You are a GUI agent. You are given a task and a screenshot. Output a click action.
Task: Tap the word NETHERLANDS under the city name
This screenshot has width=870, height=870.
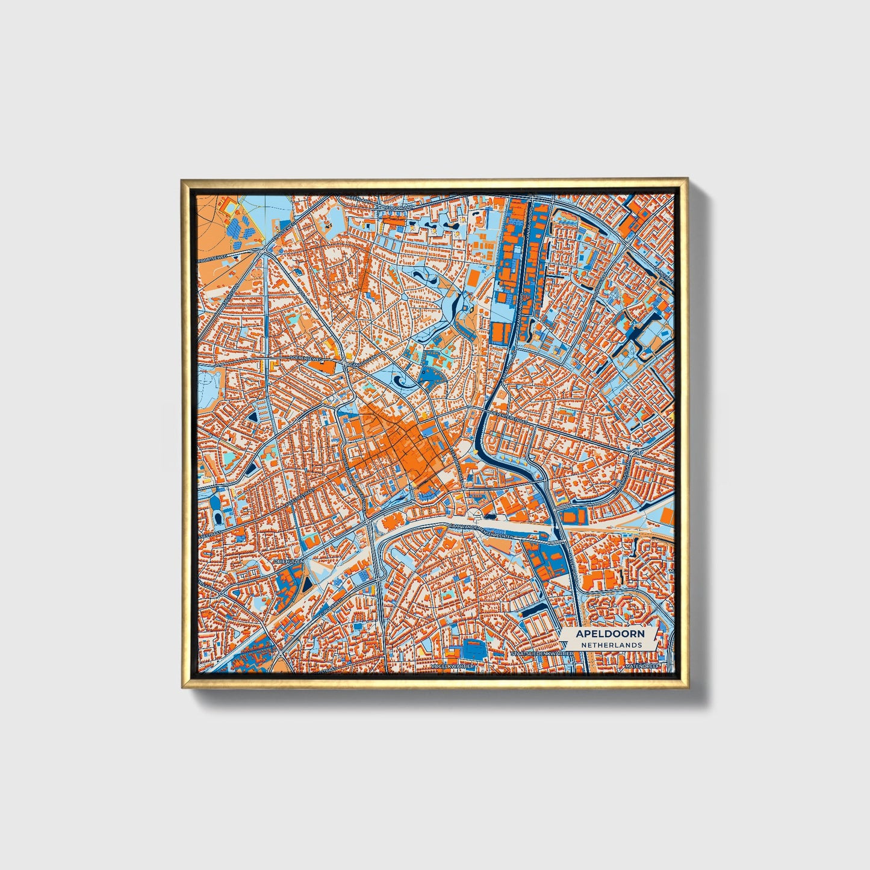611,644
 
